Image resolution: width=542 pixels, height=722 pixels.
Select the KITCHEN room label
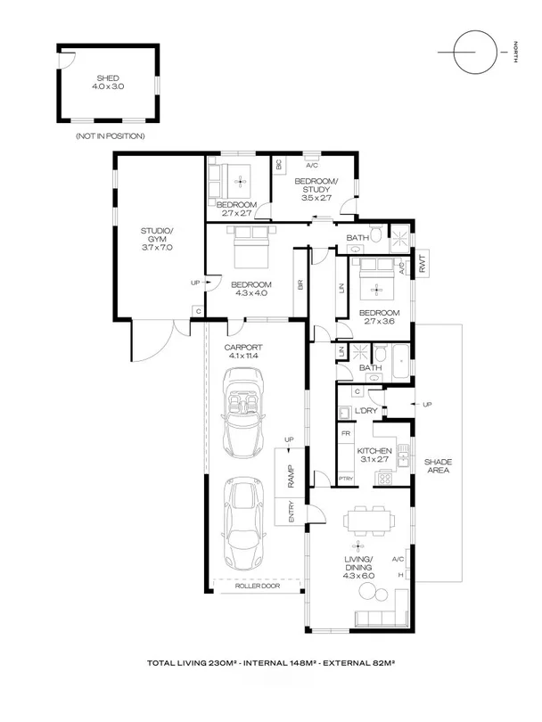[x=374, y=452]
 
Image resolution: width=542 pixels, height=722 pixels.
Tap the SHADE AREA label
[x=439, y=465]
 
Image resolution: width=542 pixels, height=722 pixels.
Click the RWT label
[x=424, y=263]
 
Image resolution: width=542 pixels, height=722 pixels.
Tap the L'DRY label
[x=366, y=410]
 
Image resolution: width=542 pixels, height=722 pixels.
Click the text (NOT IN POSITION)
[x=111, y=136]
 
